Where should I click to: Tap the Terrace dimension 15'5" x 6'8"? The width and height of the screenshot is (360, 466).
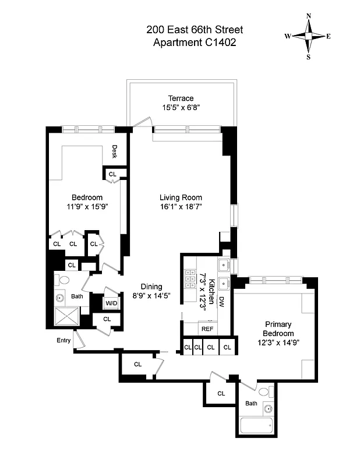pos(181,107)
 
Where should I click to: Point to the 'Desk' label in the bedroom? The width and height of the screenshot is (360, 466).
pos(115,151)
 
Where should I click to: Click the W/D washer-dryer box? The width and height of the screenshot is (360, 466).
pos(111,303)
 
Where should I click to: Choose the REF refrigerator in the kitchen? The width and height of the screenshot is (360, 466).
pos(207,329)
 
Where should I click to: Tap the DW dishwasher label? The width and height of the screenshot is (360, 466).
pos(221,301)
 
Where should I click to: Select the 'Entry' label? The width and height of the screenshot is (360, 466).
pos(63,340)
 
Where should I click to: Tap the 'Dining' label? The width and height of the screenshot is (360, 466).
pos(151,286)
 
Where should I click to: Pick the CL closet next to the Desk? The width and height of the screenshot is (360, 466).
pos(112,174)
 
